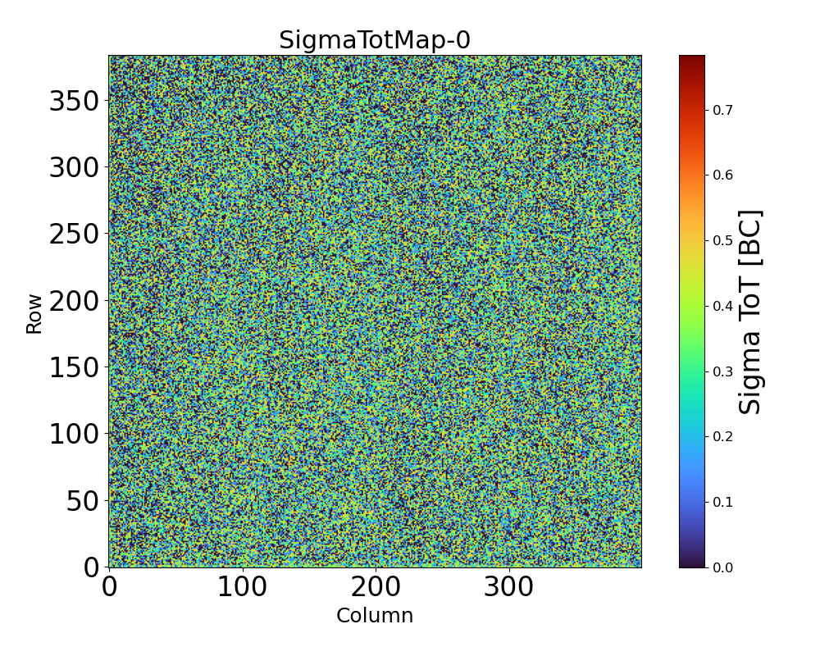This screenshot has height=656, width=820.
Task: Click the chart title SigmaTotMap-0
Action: tap(375, 40)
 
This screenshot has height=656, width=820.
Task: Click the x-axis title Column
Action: tap(375, 616)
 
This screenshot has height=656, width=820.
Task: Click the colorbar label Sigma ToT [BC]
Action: tap(750, 312)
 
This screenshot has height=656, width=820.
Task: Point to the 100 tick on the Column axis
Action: tap(242, 587)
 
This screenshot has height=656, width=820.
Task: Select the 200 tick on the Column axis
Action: tap(376, 587)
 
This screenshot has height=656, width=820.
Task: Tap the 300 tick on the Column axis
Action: tap(509, 587)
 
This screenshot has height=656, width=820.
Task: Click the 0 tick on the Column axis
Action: tap(109, 587)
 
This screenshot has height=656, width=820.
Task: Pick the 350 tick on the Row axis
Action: tap(74, 102)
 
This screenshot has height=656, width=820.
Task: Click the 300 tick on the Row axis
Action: tap(74, 168)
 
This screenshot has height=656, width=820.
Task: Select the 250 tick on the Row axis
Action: tap(74, 235)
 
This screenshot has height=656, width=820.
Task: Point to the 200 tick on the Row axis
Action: tap(74, 301)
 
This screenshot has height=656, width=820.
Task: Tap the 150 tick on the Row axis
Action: tap(74, 367)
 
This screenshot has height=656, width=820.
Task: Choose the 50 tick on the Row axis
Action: tap(82, 500)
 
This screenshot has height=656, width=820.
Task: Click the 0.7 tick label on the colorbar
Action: tap(722, 110)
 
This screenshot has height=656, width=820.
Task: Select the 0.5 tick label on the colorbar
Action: tap(722, 240)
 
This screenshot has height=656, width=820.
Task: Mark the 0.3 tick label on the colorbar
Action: tap(722, 371)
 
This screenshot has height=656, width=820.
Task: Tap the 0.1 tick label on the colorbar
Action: tap(722, 502)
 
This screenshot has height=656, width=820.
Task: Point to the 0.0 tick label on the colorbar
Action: tap(722, 567)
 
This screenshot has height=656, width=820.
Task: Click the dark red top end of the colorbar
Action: tap(692, 58)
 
